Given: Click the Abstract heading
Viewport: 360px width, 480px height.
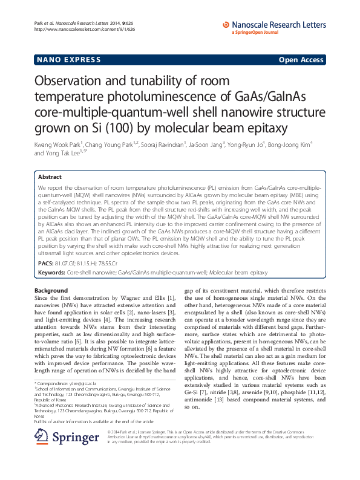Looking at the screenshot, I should click(50, 177).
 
